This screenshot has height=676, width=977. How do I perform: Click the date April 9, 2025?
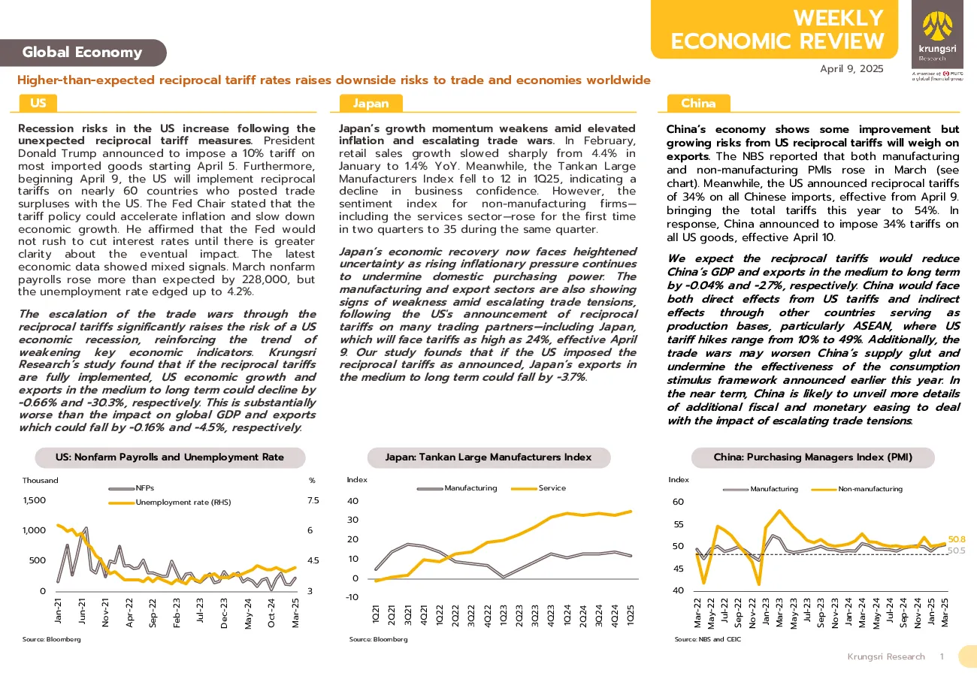851,69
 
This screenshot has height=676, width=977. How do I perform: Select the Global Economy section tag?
83,53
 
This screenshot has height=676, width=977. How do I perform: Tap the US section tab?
38,104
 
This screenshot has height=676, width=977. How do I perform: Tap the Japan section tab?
371,104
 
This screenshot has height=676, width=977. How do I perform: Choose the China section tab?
698,104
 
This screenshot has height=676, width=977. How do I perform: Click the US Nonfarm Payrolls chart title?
170,457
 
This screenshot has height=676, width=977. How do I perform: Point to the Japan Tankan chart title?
488,457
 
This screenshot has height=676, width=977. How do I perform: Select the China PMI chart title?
813,457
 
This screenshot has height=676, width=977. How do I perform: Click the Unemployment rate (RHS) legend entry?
170,502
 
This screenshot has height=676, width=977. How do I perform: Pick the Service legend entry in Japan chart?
539,488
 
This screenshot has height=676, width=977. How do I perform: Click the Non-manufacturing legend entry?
857,489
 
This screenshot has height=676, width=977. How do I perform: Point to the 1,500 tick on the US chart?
35,500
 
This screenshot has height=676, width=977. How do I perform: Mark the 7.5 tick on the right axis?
313,500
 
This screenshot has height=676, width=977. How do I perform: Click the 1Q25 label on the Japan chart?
631,615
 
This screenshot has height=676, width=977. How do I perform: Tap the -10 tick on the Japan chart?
352,597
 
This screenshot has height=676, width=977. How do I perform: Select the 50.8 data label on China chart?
957,539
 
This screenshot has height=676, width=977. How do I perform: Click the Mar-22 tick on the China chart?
697,613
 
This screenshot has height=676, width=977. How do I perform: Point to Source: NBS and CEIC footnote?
707,639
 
